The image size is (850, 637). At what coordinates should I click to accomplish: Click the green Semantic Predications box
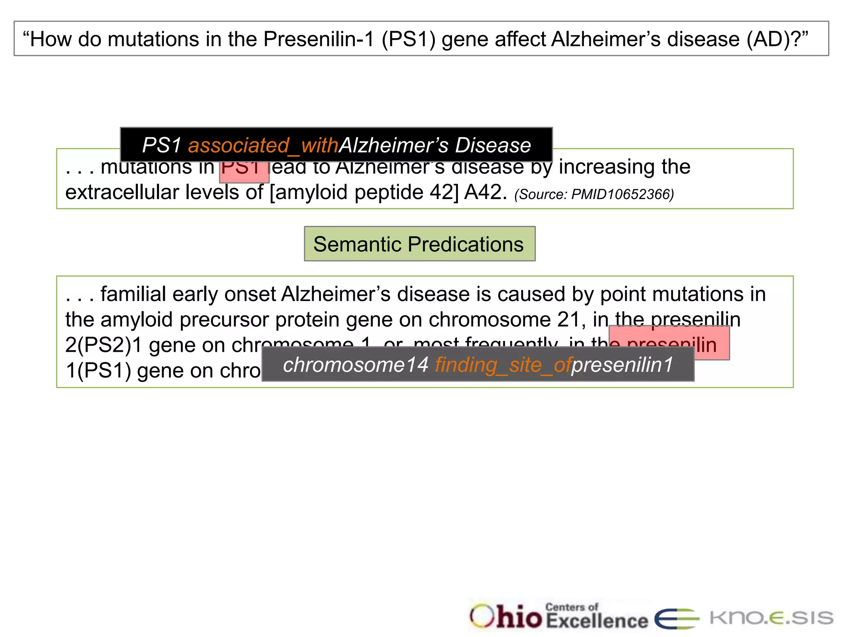[420, 244]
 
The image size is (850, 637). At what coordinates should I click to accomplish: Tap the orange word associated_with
[263, 145]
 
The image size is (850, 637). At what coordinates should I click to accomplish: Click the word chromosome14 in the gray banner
[355, 365]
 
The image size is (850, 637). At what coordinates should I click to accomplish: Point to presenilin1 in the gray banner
[622, 365]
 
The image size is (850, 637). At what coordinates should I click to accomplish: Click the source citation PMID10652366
[594, 194]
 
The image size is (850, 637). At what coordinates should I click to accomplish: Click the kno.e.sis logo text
[771, 618]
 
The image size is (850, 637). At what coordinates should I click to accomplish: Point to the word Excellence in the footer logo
[597, 621]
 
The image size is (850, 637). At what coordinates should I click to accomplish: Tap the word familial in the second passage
[134, 294]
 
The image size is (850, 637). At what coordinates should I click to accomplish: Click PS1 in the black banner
[162, 145]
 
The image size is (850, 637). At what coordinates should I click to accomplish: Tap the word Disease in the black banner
[493, 145]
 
